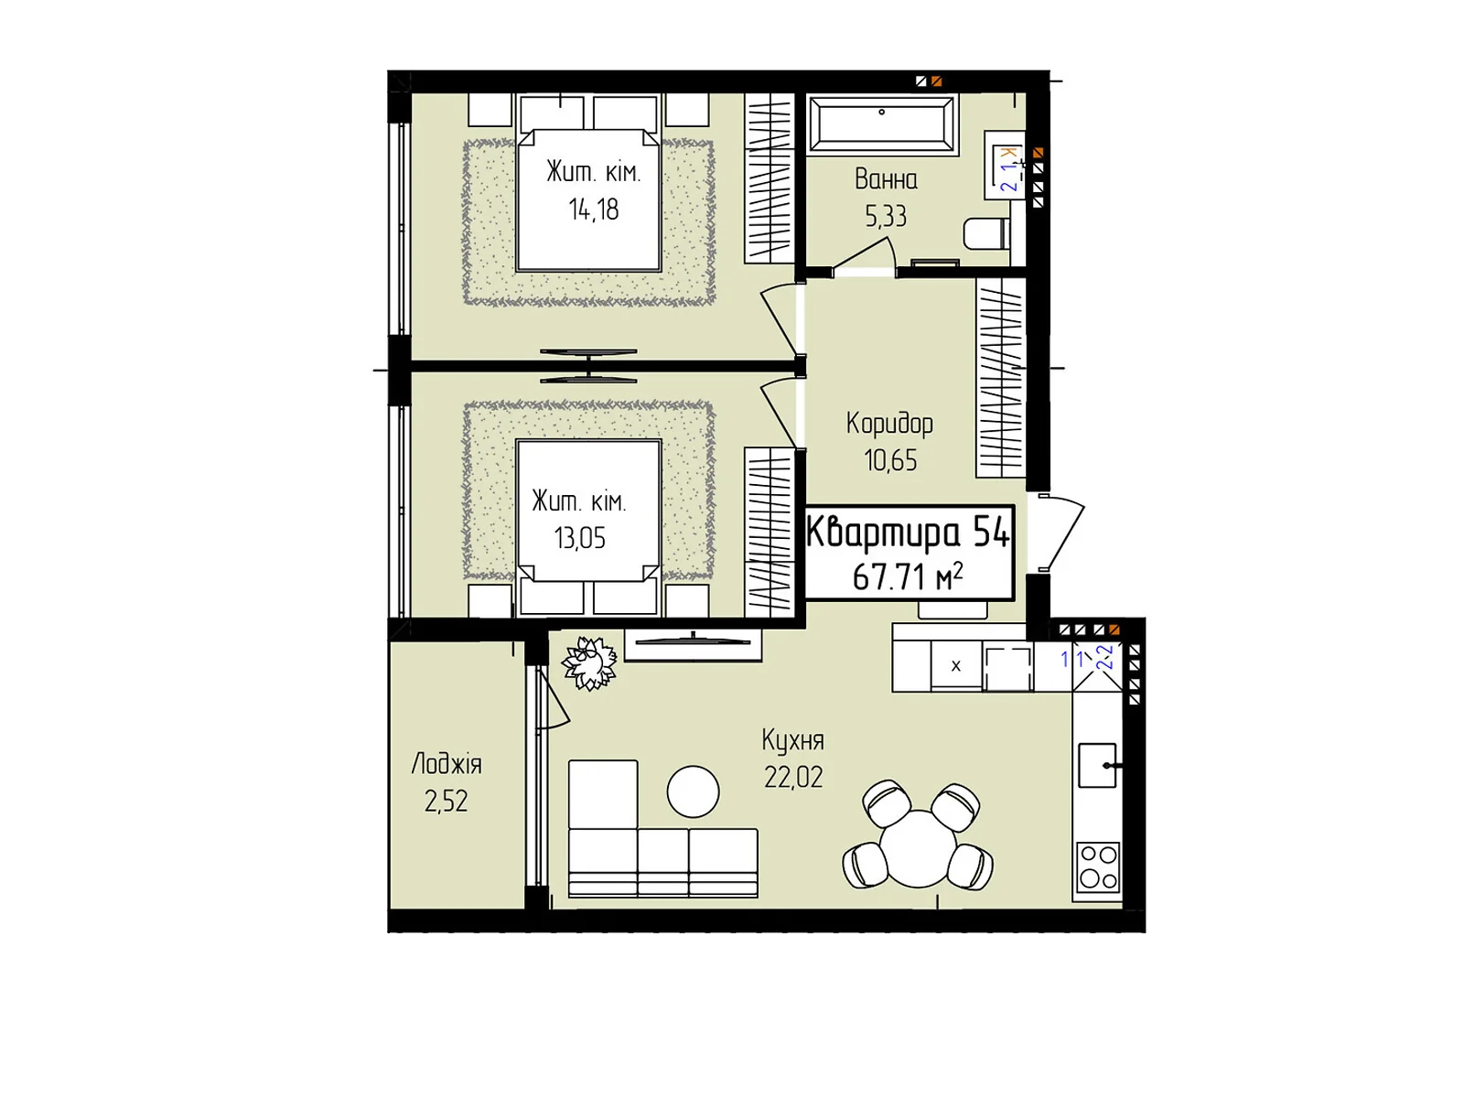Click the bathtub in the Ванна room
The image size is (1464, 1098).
tap(881, 124)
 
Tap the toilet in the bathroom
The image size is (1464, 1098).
tap(986, 234)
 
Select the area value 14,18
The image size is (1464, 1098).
tap(594, 210)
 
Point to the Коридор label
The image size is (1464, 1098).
tap(889, 424)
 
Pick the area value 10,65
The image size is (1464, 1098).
tap(890, 460)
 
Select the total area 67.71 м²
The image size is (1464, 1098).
tap(908, 576)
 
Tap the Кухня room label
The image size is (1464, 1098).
tap(792, 741)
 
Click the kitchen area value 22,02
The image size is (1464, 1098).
tap(793, 778)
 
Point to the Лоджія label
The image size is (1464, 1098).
tap(447, 764)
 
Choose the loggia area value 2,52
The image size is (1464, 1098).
tap(447, 802)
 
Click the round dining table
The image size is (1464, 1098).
tap(917, 848)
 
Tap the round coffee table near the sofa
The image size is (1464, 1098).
tap(693, 791)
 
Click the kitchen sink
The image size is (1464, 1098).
tap(1097, 765)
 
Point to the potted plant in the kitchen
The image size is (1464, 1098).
tap(589, 663)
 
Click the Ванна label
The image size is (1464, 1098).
tap(886, 179)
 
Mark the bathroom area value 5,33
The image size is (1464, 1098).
tap(886, 216)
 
